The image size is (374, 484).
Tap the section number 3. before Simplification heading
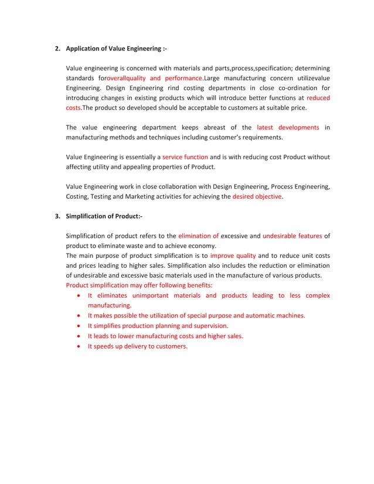click(57, 216)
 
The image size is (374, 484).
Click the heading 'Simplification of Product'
click(104, 216)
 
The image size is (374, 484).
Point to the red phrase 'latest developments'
click(288, 127)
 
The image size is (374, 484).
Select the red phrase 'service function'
click(185, 157)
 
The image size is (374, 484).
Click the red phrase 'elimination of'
click(199, 236)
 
